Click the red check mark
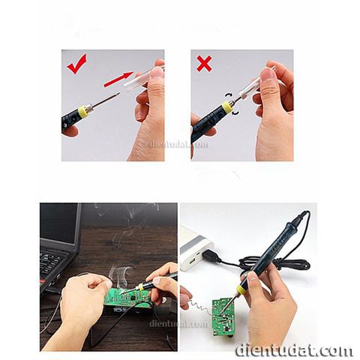pos(76,65)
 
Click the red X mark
pos(204,64)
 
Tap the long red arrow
pos(118,79)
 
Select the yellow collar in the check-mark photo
pos(83,112)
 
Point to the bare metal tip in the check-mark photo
pos(106,99)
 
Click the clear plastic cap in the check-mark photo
pos(137,80)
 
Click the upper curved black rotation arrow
pos(228,95)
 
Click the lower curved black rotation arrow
pos(235,114)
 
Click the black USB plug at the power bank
pos(211,256)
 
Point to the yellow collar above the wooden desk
pos(142,286)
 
